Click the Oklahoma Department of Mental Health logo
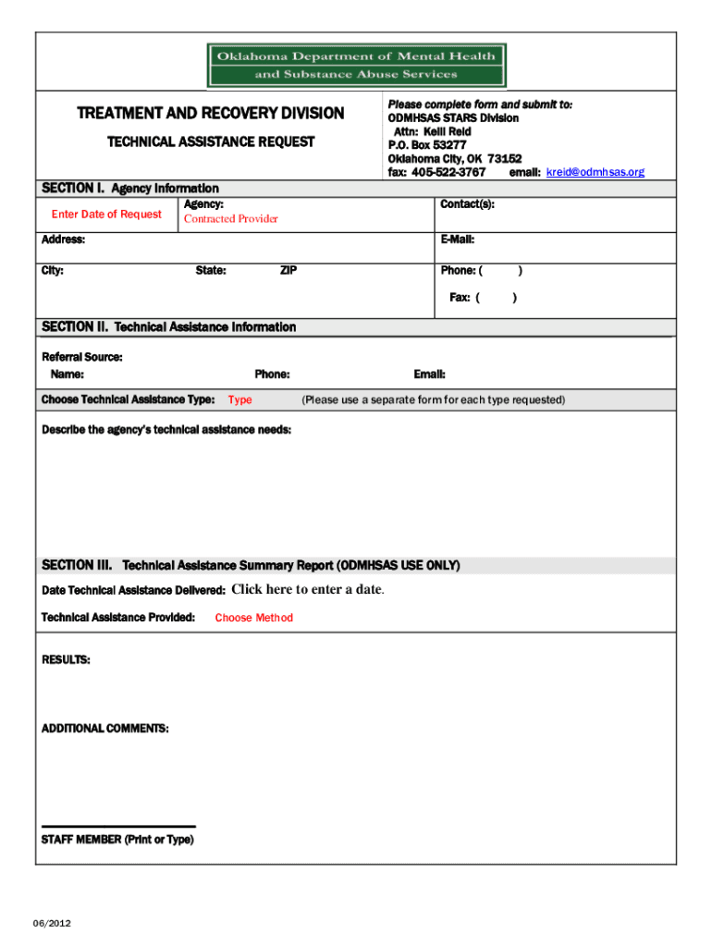coord(356,65)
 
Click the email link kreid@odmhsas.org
coord(595,172)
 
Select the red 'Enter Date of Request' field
coord(106,215)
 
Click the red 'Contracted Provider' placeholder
coord(230,219)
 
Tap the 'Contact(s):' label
coord(467,203)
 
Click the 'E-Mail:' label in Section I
coord(457,240)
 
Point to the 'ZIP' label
coord(288,271)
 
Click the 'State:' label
coord(211,271)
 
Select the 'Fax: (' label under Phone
coord(464,298)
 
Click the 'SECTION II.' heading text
coord(75,327)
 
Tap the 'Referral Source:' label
coord(82,357)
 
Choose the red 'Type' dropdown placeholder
coord(239,400)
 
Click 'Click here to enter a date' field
coord(307,590)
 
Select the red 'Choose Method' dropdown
coord(253,618)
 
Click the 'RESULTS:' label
coord(66,660)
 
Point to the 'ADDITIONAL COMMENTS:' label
coord(105,729)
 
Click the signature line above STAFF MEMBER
coord(118,826)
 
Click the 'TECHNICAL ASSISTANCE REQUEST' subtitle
coord(211,142)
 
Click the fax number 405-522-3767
coord(448,172)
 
